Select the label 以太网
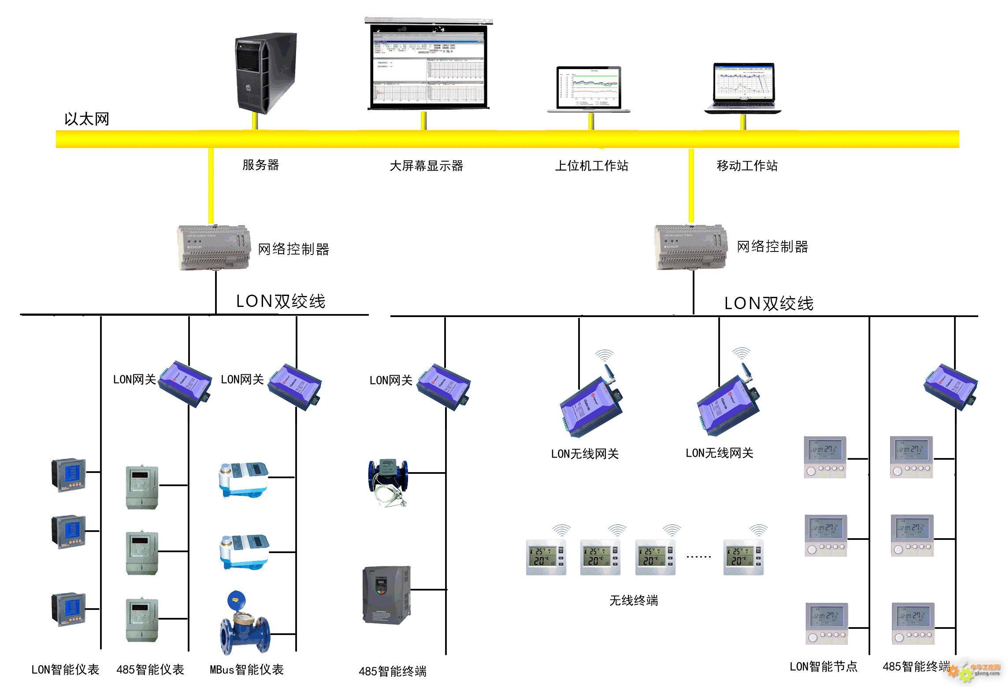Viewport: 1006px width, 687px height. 87,119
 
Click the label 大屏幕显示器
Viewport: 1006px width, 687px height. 426,166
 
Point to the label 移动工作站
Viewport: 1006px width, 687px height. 747,166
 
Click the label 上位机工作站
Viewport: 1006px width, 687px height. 591,166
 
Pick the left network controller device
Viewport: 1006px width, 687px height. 214,247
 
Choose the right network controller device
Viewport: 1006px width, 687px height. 690,247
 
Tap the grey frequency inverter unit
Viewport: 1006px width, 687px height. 386,595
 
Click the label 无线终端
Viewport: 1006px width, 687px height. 634,601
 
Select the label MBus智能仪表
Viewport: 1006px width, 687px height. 246,670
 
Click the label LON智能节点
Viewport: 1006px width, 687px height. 823,667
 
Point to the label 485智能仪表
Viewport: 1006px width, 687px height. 150,670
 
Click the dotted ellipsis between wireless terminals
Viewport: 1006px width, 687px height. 698,557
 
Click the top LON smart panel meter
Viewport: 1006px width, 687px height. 68,475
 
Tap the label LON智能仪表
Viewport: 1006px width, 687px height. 65,670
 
